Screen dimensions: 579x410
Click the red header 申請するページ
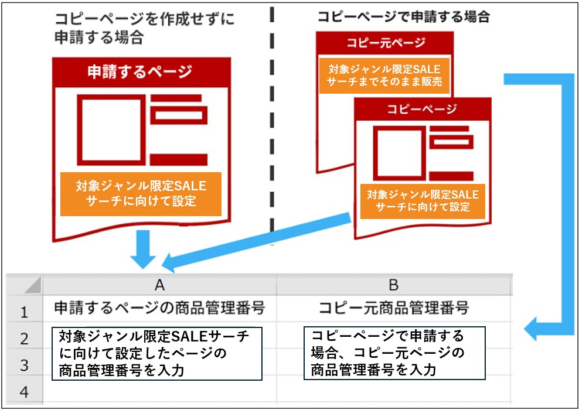click(141, 72)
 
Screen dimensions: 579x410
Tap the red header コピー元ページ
click(385, 43)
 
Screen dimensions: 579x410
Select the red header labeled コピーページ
click(423, 109)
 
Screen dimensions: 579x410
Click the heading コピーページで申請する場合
click(404, 16)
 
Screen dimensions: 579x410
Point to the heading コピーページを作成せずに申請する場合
click(144, 28)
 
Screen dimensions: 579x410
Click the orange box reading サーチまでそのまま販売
click(384, 76)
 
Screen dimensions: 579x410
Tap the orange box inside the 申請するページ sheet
click(141, 194)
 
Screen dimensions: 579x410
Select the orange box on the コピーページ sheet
click(423, 201)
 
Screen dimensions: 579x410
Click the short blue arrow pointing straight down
click(143, 249)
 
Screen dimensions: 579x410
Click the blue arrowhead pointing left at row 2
click(532, 329)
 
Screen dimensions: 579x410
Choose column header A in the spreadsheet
click(159, 285)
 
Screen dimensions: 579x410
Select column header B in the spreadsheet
click(394, 285)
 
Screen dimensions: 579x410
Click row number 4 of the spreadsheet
click(25, 392)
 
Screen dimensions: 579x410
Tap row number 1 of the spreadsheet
click(25, 312)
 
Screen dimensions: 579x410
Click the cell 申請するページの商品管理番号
click(159, 307)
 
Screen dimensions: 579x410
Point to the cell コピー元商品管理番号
click(394, 307)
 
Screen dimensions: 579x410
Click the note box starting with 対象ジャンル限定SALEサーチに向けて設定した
click(157, 353)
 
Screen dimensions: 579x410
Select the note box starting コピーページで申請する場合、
click(394, 353)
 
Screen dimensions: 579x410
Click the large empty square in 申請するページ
click(111, 130)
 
